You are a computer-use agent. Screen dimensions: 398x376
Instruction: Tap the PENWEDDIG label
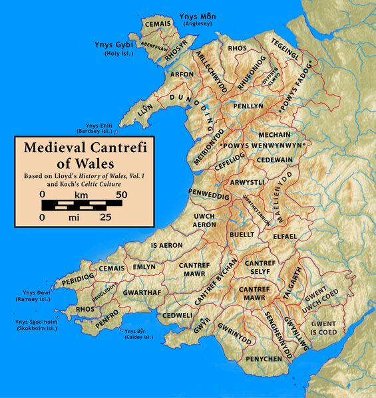(x=209, y=197)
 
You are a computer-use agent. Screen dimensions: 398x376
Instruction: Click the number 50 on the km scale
(x=121, y=194)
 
